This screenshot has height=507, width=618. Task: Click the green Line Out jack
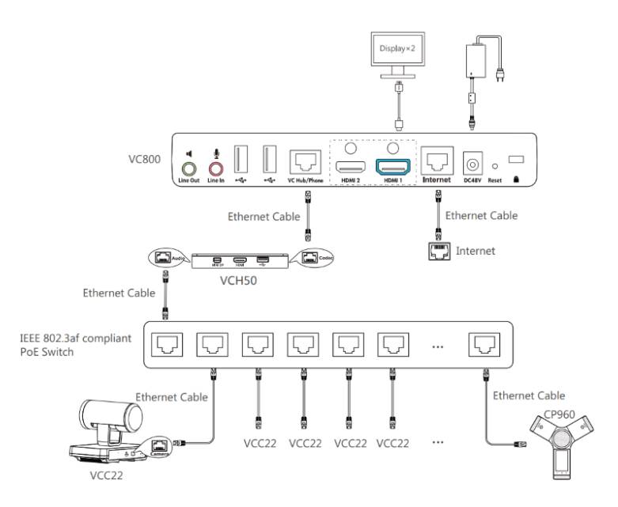[x=188, y=168]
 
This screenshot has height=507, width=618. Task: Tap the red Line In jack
[x=215, y=168]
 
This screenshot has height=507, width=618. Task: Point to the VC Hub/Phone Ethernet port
[x=305, y=163]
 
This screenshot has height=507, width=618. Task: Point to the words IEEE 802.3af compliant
[x=76, y=338]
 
